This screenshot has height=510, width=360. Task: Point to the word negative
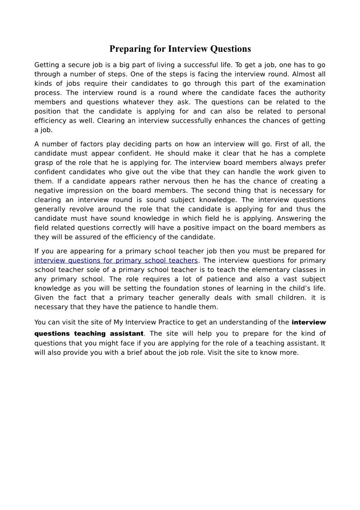[x=48, y=191]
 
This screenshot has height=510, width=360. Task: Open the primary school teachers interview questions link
[x=116, y=261]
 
